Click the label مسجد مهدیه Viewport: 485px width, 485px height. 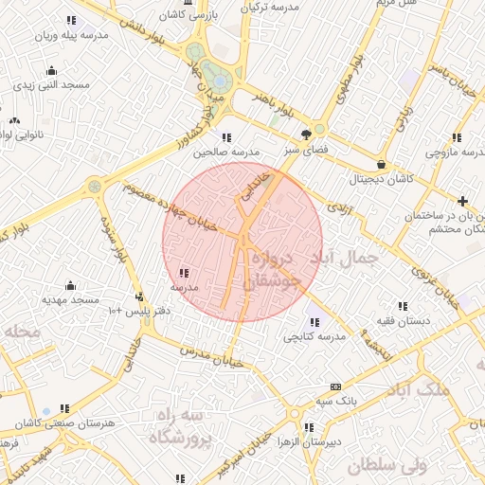[x=69, y=299]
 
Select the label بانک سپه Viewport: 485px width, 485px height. [x=336, y=401]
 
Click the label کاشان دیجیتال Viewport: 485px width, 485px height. [x=379, y=178]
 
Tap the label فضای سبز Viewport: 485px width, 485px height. [x=306, y=150]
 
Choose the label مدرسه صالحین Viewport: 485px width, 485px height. [x=226, y=152]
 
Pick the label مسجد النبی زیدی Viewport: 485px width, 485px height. [x=51, y=84]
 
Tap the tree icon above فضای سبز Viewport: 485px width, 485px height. [x=306, y=134]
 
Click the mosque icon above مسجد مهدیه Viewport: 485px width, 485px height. [x=69, y=285]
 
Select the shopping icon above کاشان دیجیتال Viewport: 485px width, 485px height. [x=380, y=163]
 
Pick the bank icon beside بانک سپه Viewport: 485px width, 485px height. [x=335, y=386]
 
